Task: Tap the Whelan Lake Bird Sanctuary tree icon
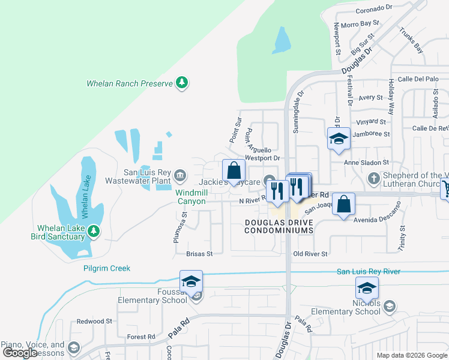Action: coord(93,231)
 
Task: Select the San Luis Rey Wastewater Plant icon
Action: coord(180,175)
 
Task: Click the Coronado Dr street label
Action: coord(373,9)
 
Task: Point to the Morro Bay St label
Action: coord(360,24)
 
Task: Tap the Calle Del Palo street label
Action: coord(418,79)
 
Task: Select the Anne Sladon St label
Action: coord(367,162)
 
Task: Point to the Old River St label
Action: coord(310,254)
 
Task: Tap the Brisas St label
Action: coord(199,254)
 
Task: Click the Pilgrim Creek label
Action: coord(107,268)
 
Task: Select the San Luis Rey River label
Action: coord(368,272)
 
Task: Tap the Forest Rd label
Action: coord(141,337)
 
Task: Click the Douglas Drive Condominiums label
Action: coord(279,226)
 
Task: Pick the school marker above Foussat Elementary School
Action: coord(191,283)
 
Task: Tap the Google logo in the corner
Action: coord(20,353)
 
